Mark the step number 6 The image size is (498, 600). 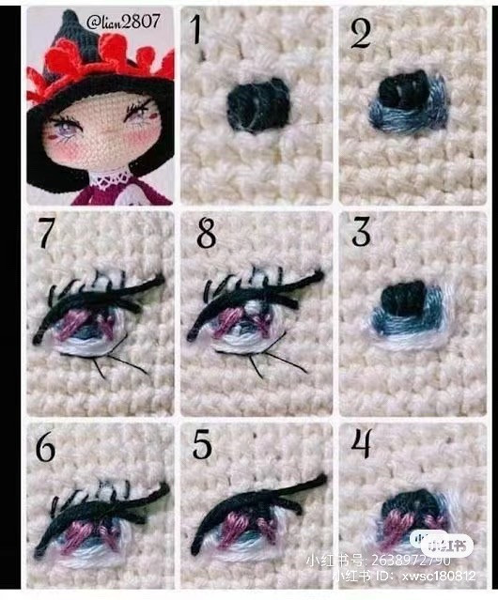[43, 446]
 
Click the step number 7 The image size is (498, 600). [44, 232]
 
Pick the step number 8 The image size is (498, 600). [206, 232]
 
